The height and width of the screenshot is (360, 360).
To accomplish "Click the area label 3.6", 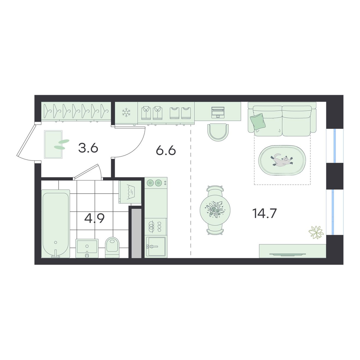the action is [x=88, y=148].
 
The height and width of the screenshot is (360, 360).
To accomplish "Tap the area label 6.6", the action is [x=166, y=150].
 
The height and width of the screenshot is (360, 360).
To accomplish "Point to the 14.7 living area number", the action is [x=265, y=213].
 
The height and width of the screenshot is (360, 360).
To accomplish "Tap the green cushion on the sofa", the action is [x=258, y=121].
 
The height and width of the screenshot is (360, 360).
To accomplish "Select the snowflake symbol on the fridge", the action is [x=126, y=113].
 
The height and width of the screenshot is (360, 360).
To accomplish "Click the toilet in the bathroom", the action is [x=112, y=247].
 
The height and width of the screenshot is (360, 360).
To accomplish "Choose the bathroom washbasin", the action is [x=87, y=248].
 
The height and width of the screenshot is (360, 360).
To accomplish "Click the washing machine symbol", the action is [x=130, y=192].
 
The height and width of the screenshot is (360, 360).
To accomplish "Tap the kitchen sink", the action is [x=156, y=247].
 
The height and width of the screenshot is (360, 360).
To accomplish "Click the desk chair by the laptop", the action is [x=218, y=132].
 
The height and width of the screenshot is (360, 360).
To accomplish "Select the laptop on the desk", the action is [x=218, y=112].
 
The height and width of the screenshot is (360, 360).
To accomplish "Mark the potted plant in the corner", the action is [x=316, y=232].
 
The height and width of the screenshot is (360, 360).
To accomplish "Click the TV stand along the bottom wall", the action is [x=292, y=251].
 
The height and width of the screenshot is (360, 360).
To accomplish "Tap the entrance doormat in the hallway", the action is [x=53, y=144].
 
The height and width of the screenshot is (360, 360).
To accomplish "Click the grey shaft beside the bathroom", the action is [x=136, y=233].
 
